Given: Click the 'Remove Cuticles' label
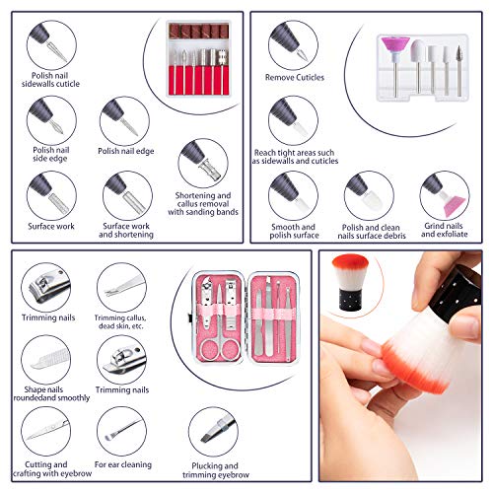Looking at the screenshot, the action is coord(295,78).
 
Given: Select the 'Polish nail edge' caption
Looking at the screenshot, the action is coord(126,151).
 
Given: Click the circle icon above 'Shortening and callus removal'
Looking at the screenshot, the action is coord(203,164).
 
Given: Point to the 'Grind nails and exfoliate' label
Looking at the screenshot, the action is coord(444,230).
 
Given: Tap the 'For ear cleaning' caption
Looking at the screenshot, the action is coord(123,464).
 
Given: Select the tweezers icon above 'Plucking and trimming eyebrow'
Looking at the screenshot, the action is coord(214,432).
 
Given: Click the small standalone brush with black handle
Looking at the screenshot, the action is coord(350,283).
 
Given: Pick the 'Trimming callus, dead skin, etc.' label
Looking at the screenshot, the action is coord(120,322).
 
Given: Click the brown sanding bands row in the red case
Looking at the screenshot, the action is coord(198,32).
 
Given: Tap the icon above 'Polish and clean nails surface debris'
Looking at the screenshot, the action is coord(369,196).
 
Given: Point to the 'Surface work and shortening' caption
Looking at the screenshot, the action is coord(126,230).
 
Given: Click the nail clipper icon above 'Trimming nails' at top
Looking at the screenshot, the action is coord(46,287).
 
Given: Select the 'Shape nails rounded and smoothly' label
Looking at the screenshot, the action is coord(51,393).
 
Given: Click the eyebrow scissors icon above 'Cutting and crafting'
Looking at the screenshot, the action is coord(46,432).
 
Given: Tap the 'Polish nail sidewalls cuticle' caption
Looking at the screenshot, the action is coord(50,80).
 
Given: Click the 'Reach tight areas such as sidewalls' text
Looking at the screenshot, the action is coord(295,157).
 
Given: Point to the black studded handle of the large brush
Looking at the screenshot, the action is coord(456,293).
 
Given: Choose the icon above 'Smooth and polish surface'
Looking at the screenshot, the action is coord(293,196).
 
